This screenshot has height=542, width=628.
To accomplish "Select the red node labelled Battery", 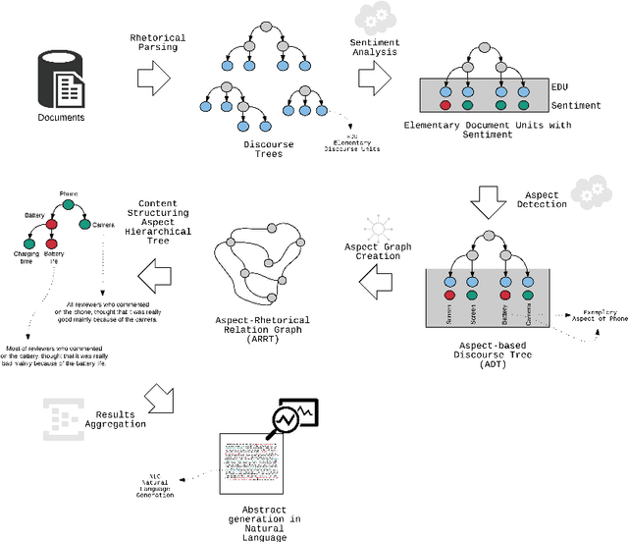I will (50, 224).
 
